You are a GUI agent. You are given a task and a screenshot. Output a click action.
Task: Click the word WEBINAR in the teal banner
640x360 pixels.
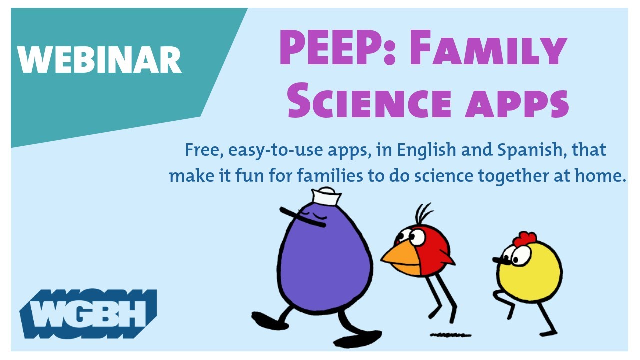99,59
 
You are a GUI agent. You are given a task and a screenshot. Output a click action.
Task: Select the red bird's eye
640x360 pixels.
416,236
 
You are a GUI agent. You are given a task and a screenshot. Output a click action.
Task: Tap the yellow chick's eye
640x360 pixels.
520,255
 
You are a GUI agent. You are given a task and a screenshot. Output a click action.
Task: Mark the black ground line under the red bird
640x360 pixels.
450,334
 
